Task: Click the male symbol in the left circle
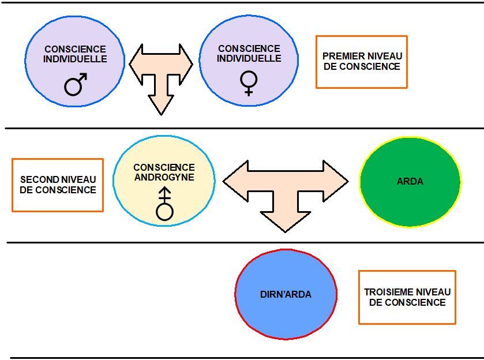coord(76,84)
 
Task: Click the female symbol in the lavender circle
coord(249,83)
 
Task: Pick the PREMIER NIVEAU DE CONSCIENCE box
coord(362,62)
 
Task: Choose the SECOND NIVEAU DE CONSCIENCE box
coord(58,185)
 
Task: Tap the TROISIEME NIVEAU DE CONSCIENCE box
coord(407,297)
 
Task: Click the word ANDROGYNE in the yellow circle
coord(164,178)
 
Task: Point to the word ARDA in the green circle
coord(410,181)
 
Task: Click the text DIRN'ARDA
coord(286,295)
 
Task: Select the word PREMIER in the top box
coord(343,57)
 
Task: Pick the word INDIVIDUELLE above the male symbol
coord(76,59)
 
